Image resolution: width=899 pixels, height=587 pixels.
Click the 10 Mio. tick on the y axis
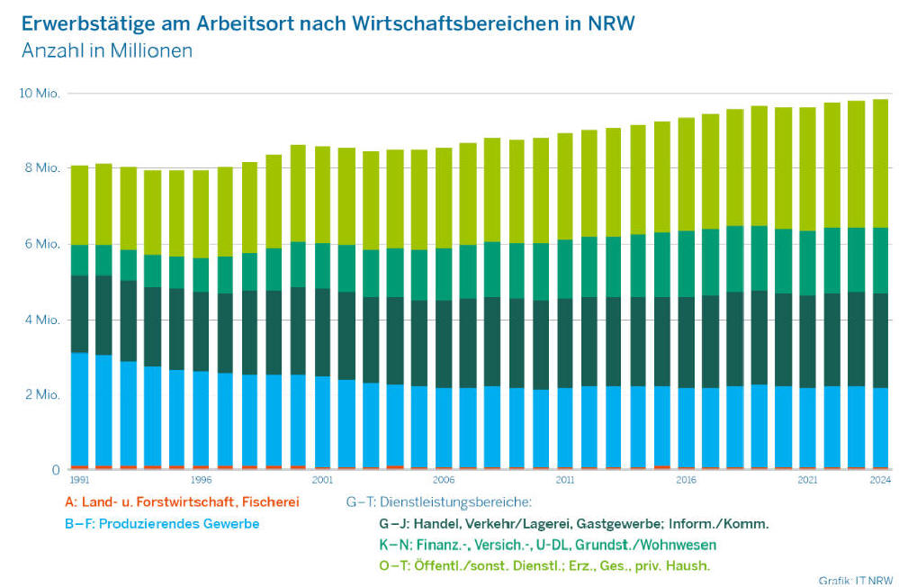click(38, 94)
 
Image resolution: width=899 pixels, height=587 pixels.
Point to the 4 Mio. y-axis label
click(40, 320)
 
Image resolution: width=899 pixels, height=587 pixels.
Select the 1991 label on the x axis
click(80, 481)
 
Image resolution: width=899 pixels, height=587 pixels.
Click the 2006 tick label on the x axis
click(443, 481)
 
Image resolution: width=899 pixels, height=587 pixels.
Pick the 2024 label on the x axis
click(881, 481)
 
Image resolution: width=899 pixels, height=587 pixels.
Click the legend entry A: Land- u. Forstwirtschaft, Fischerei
click(170, 502)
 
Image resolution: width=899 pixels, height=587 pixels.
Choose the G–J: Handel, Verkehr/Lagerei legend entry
click(574, 523)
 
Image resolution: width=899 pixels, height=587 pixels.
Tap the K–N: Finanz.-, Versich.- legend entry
click(547, 545)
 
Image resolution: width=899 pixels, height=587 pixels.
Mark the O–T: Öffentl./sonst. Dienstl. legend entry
click(544, 565)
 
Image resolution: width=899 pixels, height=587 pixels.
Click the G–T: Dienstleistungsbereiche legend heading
click(439, 502)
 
